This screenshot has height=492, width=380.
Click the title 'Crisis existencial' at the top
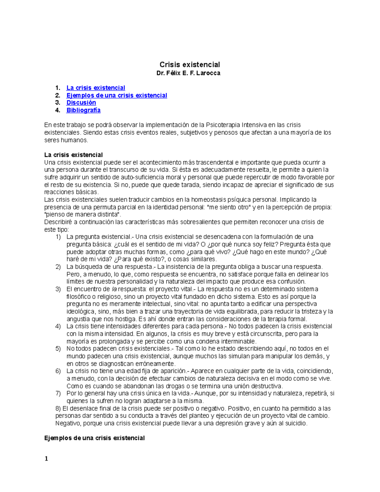(x=190, y=65)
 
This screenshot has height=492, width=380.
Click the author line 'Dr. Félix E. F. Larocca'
(x=188, y=73)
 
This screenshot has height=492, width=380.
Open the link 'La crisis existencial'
(x=96, y=88)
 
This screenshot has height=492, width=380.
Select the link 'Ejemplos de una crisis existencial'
(x=117, y=95)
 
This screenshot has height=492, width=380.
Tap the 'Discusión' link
(x=81, y=103)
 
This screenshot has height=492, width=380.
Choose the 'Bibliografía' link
(x=83, y=110)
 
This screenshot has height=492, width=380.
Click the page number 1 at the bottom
(x=46, y=459)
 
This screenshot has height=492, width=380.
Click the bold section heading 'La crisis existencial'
(x=73, y=155)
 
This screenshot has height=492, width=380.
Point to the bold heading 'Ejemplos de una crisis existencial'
(x=94, y=438)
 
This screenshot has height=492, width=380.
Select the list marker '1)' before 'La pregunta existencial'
(x=58, y=237)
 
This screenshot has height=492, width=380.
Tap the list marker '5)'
(x=58, y=349)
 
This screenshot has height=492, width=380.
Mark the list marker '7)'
(x=58, y=393)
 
